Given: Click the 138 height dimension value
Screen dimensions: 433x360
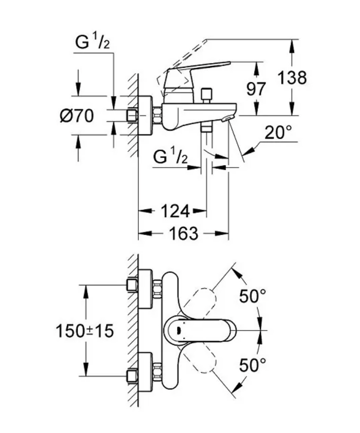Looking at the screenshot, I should (x=292, y=78).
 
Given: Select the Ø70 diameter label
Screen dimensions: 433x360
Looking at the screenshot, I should (x=76, y=116).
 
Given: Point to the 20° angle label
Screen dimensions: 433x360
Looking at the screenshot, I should (x=278, y=133).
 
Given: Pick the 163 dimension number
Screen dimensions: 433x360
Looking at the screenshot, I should (x=184, y=233).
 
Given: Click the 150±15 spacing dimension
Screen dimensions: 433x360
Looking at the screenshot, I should (x=85, y=331).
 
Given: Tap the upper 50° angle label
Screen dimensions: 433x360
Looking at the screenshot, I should (x=253, y=296).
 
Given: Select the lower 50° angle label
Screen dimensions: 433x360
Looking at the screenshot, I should (x=253, y=365).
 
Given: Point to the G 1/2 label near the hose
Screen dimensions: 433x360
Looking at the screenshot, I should (x=170, y=157).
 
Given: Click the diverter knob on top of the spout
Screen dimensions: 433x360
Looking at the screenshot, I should (x=206, y=95).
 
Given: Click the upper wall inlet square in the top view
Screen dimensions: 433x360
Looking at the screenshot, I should (x=132, y=285).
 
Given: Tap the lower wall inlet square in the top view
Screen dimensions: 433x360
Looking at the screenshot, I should (x=132, y=376).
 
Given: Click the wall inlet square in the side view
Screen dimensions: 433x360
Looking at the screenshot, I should (x=132, y=115).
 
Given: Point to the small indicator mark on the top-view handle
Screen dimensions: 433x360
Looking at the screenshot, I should (x=179, y=330).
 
